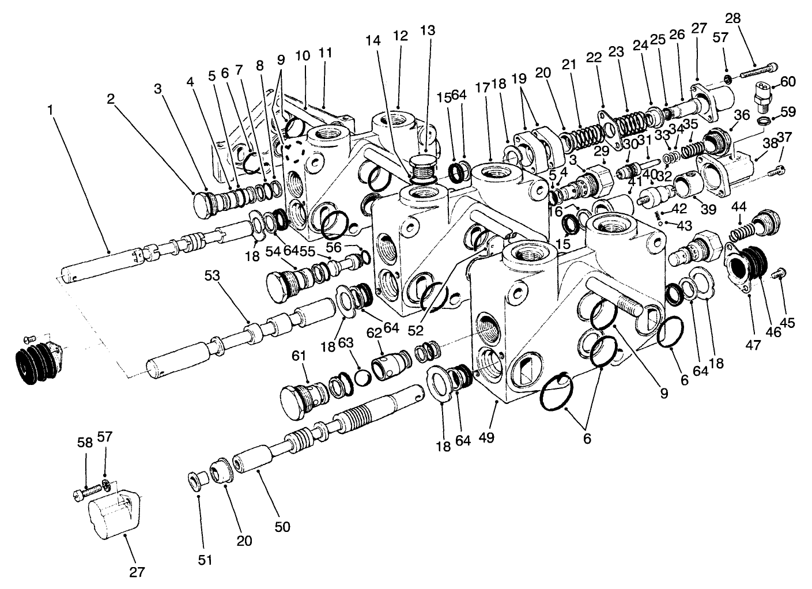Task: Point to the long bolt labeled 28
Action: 754,71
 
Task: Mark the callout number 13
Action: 428,30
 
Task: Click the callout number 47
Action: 753,345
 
